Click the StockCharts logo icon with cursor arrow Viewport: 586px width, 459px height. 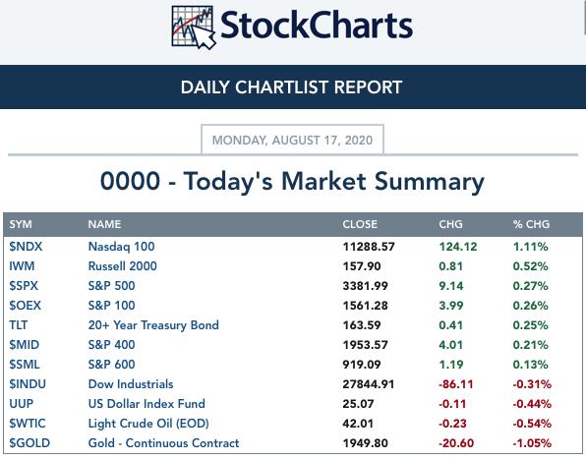click(194, 28)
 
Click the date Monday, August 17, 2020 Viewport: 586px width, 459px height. click(292, 140)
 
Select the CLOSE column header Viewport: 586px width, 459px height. click(360, 224)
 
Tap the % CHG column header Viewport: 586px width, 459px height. click(531, 224)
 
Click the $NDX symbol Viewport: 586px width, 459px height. click(26, 247)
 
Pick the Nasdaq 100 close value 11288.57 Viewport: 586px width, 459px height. click(369, 247)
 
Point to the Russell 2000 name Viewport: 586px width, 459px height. click(123, 266)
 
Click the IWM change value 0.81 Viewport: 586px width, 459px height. click(450, 266)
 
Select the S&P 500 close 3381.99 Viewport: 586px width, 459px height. click(365, 286)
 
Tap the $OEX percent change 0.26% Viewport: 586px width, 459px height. click(530, 306)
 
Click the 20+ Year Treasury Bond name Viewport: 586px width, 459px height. click(153, 325)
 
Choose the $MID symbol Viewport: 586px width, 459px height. click(24, 345)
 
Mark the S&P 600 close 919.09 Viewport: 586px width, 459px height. click(362, 365)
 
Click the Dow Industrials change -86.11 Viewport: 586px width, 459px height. click(455, 384)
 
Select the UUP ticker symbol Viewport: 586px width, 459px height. click(22, 404)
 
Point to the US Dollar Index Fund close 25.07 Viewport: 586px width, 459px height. click(358, 404)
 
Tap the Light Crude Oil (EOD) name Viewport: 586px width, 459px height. click(148, 424)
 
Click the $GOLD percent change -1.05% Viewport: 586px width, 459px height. click(532, 443)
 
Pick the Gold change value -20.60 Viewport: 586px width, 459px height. click(456, 443)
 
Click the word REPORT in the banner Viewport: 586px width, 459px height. click(368, 87)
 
